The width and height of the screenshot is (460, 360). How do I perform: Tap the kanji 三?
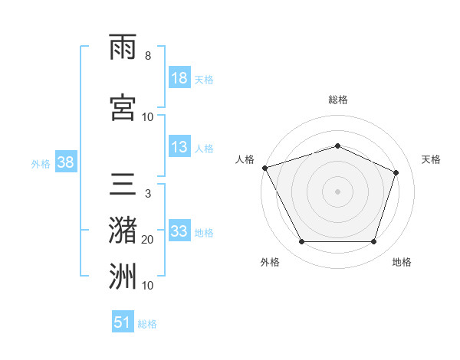pos(123,184)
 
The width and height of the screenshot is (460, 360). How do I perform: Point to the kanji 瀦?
pos(123,231)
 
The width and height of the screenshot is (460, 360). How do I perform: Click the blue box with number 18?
pos(179,79)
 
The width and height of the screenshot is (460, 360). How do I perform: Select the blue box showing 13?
pos(179,148)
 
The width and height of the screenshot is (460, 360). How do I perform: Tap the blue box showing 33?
pos(179,231)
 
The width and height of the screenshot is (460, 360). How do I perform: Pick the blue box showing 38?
pos(65,162)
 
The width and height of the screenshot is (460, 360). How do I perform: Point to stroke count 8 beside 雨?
pos(147,56)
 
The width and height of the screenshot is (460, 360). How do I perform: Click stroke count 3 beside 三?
pos(147,194)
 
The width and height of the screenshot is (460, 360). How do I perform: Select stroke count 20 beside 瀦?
pos(147,240)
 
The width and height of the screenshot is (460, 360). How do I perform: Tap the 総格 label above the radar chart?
pos(338,100)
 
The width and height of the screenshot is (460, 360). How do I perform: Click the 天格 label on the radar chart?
pos(431,159)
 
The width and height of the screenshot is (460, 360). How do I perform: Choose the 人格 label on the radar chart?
pos(245,159)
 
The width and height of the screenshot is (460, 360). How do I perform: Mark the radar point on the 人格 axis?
pos(264,168)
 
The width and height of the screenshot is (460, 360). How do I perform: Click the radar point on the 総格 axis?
pos(338,146)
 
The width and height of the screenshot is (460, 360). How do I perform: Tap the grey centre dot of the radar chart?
pos(338,191)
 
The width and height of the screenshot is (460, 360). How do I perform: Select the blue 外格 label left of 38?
pos(40,163)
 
